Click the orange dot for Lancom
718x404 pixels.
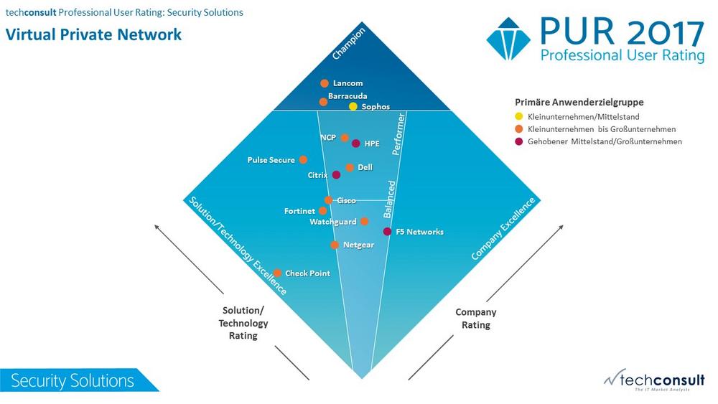point(325,83)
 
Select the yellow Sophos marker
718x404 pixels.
point(353,107)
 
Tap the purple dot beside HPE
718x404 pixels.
point(356,144)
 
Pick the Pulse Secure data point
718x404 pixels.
point(303,160)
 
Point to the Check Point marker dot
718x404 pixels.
point(277,273)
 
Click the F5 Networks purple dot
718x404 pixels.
point(388,232)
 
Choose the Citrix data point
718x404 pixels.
point(336,175)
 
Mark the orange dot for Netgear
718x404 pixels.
point(335,245)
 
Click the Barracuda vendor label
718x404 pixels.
point(348,96)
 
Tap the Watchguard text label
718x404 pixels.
point(333,222)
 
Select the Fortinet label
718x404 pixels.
point(299,211)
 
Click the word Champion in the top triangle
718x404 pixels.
point(349,44)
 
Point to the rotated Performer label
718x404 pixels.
point(398,134)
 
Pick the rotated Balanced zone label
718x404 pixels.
point(388,199)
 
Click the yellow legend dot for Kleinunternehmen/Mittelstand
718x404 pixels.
point(519,116)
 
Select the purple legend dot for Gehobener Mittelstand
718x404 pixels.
point(519,141)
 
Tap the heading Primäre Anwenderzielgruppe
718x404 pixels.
point(579,102)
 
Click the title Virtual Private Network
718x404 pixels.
point(93,34)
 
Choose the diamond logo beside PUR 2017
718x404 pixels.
point(508,39)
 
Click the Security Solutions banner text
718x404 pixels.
point(73,380)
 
